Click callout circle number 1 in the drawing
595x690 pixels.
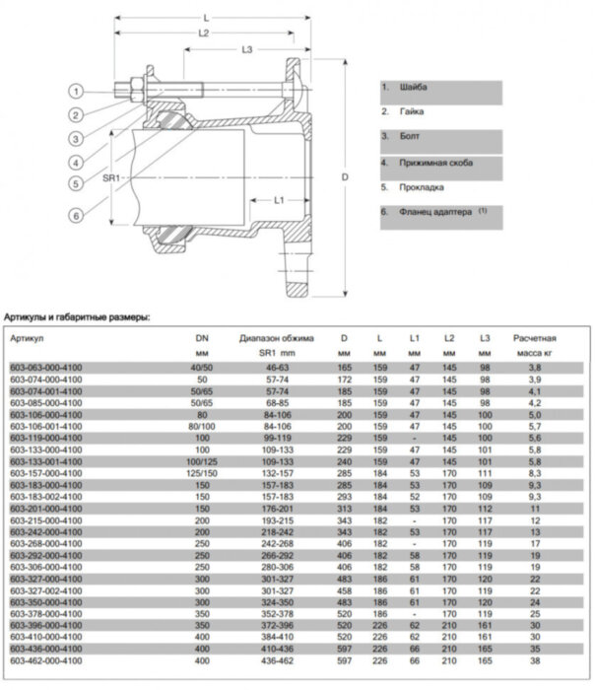[x=74, y=91]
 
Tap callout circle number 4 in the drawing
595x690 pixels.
[x=74, y=161]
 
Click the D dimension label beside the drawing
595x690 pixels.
[x=345, y=177]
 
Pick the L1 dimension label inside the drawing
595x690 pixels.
[x=279, y=199]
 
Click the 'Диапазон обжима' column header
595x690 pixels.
[x=276, y=338]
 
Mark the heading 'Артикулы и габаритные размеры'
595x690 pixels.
[x=77, y=317]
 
